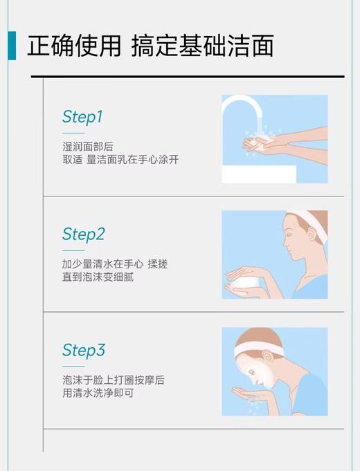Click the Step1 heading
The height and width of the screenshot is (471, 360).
(82, 117)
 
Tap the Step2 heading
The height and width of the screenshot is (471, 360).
(83, 234)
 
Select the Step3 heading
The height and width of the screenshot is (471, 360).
(83, 351)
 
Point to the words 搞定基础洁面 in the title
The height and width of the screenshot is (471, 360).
(202, 46)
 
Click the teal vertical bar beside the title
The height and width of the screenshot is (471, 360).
(12, 46)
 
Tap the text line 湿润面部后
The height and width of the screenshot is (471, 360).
(88, 147)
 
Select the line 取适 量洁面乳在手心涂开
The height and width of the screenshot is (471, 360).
(120, 160)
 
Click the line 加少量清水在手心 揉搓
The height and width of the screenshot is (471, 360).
(115, 264)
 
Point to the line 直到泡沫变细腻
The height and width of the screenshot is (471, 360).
(98, 277)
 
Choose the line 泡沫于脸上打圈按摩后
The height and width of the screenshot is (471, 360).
(114, 380)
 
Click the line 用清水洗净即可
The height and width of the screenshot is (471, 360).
(98, 393)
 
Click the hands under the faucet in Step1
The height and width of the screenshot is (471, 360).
(267, 143)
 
